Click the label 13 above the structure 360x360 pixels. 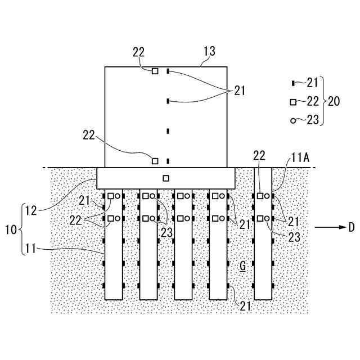tap(209, 52)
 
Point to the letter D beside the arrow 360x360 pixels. tap(351, 227)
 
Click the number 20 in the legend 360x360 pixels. tap(334, 101)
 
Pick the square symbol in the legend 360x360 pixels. tap(293, 102)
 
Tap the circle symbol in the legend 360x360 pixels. tap(292, 120)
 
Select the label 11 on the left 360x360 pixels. tap(31, 247)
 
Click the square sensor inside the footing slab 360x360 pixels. tap(165, 178)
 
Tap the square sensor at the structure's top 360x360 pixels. tap(155, 71)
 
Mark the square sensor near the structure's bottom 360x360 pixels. tap(155, 161)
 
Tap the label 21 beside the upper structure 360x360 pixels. tap(240, 90)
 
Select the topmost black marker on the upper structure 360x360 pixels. tap(168, 71)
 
